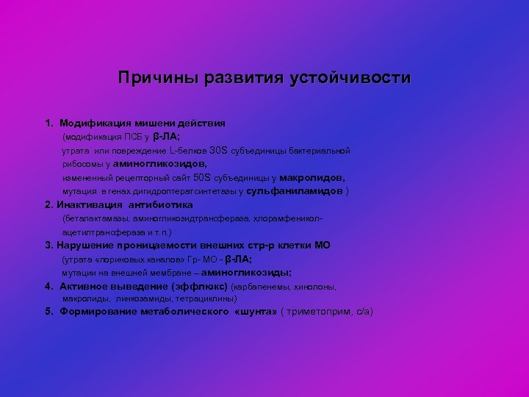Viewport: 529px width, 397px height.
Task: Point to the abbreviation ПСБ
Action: click(x=133, y=137)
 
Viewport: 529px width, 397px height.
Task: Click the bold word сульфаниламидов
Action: click(x=294, y=191)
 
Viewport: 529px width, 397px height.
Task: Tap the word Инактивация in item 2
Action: click(x=91, y=205)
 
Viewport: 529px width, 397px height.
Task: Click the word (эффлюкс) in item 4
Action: click(x=198, y=286)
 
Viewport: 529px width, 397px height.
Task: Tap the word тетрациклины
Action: click(x=206, y=299)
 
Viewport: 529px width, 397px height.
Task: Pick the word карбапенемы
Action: click(x=260, y=286)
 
